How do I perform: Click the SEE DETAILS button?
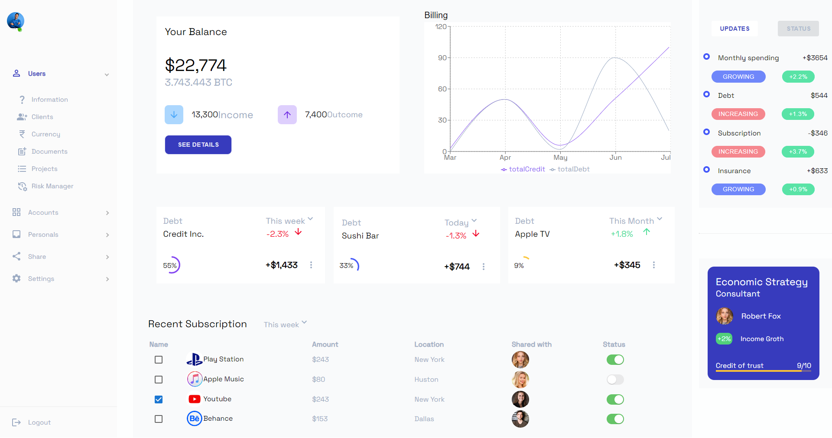[198, 145]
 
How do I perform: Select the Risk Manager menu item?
[52, 186]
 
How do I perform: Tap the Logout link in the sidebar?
[39, 422]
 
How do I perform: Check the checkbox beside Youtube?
[159, 399]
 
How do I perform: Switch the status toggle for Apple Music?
[615, 380]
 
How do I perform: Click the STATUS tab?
[798, 29]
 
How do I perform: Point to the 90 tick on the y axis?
[442, 58]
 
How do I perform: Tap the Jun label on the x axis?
[615, 158]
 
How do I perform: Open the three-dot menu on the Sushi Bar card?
[484, 267]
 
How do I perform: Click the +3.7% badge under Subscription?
[798, 151]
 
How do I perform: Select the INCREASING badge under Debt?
[738, 114]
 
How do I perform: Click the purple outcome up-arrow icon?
[287, 115]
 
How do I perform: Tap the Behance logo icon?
[195, 419]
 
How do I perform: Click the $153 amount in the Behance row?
[320, 419]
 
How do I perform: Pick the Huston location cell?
[426, 380]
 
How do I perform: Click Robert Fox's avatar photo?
[724, 316]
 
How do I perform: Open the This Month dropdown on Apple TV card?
[636, 221]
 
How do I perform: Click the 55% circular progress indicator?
[172, 265]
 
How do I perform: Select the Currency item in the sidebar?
[45, 134]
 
